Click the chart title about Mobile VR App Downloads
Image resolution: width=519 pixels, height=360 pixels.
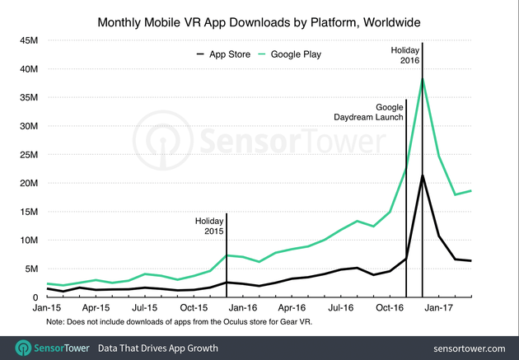[x=259, y=18]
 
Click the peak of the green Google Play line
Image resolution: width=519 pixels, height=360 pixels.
[x=423, y=78]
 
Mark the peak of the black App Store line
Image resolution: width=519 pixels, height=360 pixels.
[x=423, y=175]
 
